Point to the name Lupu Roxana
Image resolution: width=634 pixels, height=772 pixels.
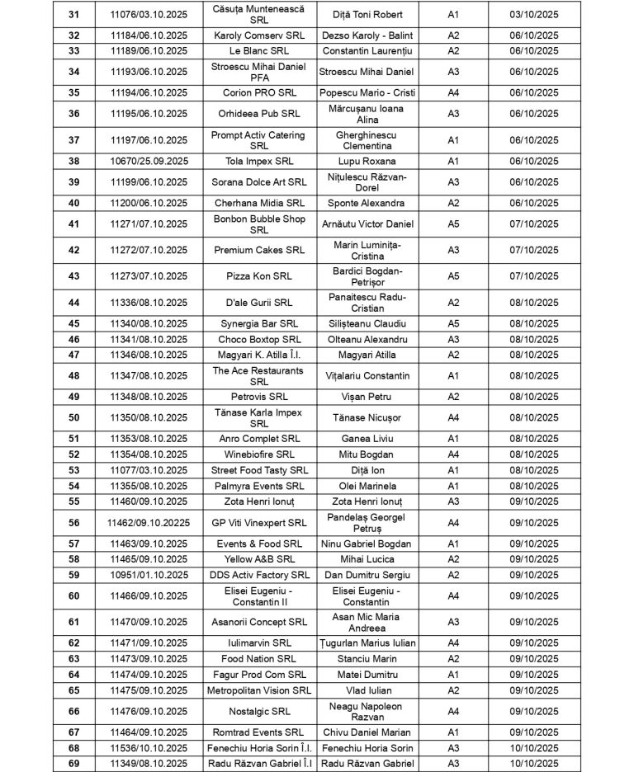click(367, 161)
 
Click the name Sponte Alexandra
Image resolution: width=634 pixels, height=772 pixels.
click(367, 203)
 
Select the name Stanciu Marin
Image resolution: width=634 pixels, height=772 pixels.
click(367, 659)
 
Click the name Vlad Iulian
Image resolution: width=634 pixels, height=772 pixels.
click(367, 690)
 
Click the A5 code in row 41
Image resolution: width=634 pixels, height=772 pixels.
click(452, 224)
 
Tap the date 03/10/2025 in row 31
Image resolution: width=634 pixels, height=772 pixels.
click(541, 14)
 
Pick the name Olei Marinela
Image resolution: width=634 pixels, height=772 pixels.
click(367, 486)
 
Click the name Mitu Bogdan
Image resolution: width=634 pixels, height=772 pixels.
click(367, 454)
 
